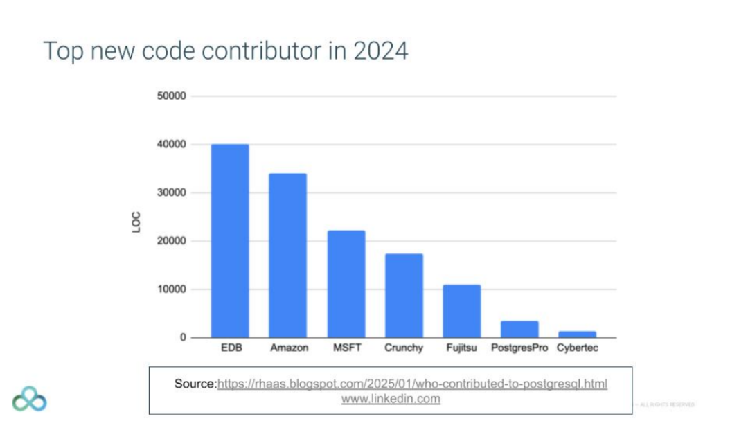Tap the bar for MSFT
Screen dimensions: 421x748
(346, 284)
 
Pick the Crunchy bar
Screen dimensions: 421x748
(404, 296)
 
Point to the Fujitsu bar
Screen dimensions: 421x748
(462, 311)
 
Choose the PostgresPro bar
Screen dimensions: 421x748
(519, 329)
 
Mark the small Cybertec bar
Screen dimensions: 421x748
(578, 334)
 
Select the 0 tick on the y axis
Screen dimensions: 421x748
(183, 337)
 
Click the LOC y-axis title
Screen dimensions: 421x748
(136, 222)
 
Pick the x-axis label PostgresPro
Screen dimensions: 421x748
(519, 348)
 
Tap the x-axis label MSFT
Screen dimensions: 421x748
(346, 348)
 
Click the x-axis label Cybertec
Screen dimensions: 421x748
(578, 348)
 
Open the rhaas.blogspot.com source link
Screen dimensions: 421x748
(412, 384)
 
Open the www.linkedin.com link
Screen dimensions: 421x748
(391, 399)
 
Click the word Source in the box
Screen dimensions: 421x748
(195, 384)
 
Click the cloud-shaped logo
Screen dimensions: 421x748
(29, 398)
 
